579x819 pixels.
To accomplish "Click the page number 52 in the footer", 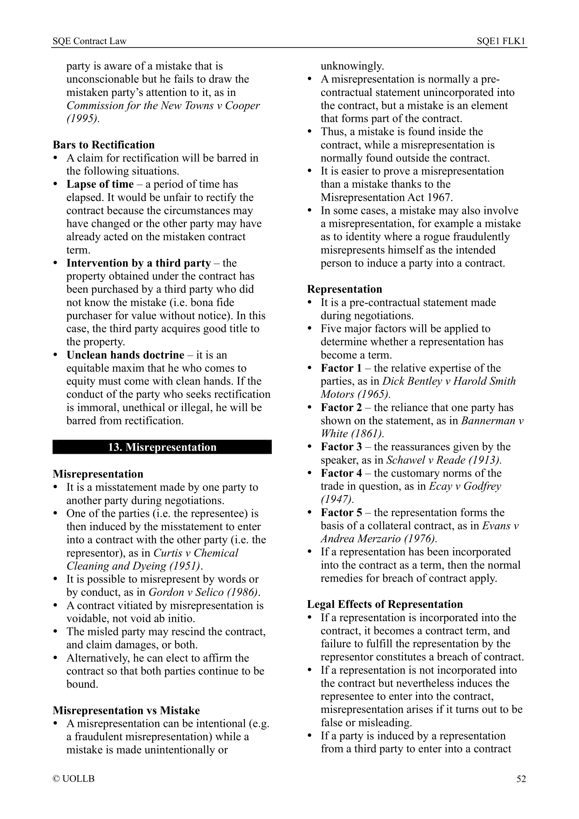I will (x=521, y=779).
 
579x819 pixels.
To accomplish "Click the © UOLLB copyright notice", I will (x=74, y=779).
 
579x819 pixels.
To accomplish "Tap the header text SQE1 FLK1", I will (x=501, y=41).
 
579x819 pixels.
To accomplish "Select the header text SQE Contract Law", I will (x=90, y=41).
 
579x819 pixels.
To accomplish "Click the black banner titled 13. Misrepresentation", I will (x=162, y=447).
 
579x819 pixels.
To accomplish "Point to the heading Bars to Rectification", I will (x=104, y=145).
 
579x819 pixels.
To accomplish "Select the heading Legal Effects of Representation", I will (x=385, y=604).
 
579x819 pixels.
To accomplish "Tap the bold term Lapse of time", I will (x=100, y=185).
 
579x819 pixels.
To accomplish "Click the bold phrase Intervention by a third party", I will (x=138, y=263).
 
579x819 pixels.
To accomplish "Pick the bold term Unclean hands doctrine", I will (x=125, y=355).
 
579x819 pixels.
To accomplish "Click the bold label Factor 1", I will (x=341, y=368).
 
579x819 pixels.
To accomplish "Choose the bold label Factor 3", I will (x=341, y=447).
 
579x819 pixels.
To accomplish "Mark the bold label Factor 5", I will (x=341, y=513).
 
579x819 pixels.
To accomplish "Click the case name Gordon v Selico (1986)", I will (x=204, y=592).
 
